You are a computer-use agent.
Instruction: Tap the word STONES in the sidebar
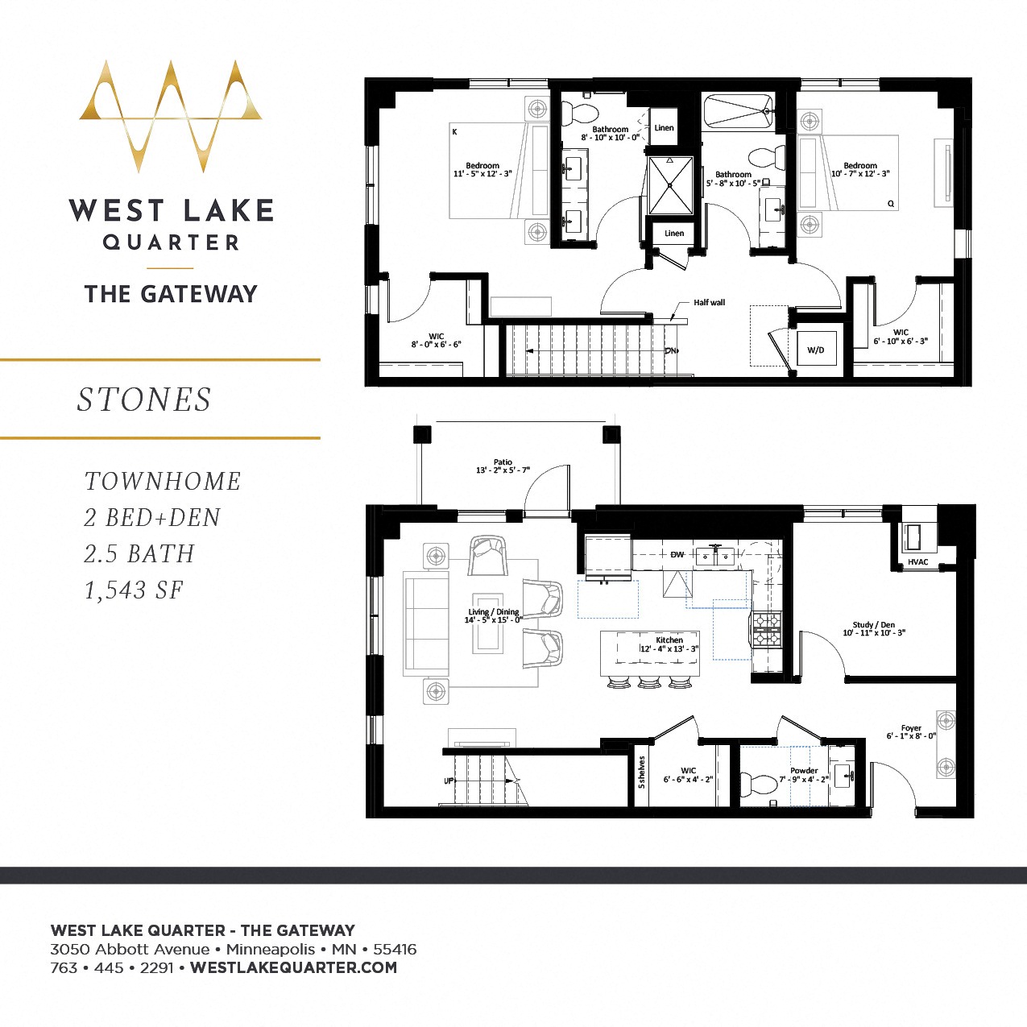[144, 400]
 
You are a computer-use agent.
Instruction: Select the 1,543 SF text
[134, 590]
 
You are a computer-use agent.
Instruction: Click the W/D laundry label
[815, 350]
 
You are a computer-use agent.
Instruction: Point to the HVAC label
[917, 562]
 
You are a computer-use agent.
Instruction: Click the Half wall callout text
[709, 303]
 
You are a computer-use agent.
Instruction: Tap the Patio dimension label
[503, 466]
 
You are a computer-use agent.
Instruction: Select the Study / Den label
[874, 628]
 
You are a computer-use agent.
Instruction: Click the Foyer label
[911, 731]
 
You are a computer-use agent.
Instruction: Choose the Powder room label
[803, 775]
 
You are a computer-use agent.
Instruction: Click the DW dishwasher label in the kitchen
[677, 554]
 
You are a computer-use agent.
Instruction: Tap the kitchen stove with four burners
[766, 629]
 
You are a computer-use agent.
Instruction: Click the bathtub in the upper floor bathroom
[738, 112]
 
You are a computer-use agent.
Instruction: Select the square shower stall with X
[670, 185]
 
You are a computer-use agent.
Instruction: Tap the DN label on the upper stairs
[671, 351]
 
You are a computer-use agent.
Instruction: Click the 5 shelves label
[641, 772]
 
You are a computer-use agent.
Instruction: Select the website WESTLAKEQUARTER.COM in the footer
[293, 967]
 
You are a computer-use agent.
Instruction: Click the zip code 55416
[395, 949]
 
